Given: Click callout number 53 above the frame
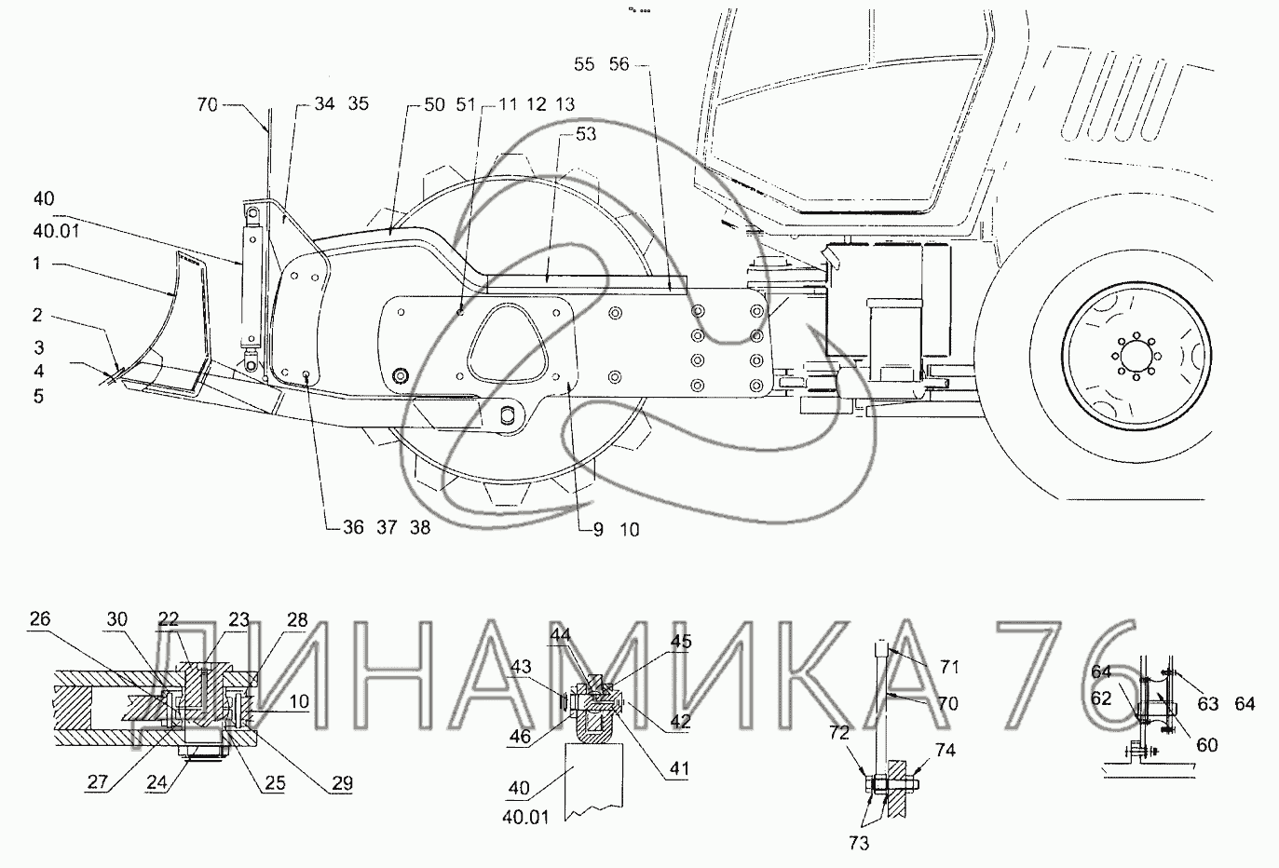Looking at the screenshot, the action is click(586, 134).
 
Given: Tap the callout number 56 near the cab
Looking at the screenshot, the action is click(619, 64).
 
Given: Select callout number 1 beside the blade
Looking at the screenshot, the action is click(37, 263).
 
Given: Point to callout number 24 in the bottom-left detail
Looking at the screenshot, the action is click(156, 781).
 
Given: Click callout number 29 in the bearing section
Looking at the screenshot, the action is click(342, 783).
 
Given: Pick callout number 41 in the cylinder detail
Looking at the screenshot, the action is click(679, 768).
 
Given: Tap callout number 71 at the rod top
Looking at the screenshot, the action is click(948, 667).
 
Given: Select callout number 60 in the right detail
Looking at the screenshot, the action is click(1206, 745).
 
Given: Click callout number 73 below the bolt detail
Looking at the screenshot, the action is click(859, 843).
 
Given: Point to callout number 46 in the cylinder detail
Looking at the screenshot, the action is click(520, 736).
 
